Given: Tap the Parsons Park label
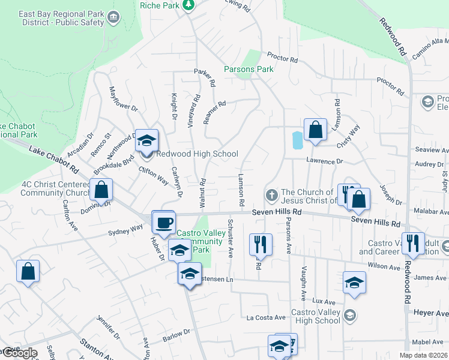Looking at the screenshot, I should coord(249,69).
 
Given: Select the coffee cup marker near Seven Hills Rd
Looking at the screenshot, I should coord(164,223).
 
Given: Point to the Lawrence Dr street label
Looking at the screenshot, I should coord(324,161).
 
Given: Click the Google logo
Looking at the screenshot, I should coord(19,353).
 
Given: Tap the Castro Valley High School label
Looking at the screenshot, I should coord(315,316).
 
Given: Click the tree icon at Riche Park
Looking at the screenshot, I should coord(188,5).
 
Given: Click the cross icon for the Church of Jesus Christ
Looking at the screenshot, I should coord(271,196).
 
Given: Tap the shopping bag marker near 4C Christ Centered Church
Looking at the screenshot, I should coord(101,190).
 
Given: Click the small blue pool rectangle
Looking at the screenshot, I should coord(297,141).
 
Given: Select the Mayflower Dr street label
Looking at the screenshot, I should coord(122,100).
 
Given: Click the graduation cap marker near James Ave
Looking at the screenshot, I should coord(354,282).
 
